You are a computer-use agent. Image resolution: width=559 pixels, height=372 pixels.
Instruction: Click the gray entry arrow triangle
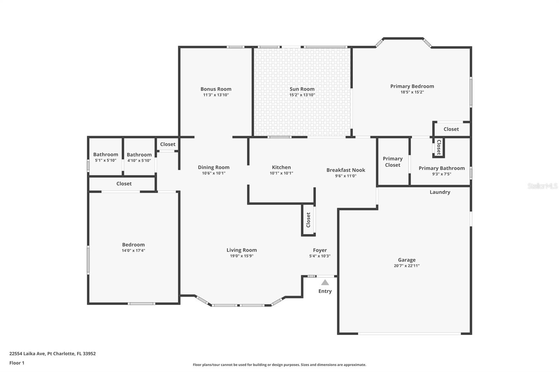point(325,283)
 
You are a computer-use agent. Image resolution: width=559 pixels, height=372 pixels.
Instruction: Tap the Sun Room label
point(302,89)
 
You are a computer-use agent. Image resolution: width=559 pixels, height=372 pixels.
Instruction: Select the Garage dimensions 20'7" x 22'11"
point(407,266)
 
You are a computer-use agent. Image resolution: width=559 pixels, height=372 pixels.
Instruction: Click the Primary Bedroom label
point(412,86)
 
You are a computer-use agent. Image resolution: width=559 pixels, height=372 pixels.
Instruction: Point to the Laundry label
point(440,192)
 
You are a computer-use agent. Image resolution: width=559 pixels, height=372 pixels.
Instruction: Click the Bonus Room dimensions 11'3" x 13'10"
point(216,95)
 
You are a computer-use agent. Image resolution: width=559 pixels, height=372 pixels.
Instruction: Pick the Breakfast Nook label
point(346,170)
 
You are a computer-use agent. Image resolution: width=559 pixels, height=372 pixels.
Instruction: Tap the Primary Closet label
point(392,162)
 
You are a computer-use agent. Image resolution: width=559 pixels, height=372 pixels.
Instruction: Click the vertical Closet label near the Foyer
point(308,220)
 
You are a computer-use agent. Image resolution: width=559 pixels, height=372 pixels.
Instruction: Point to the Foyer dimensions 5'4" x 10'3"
point(320,256)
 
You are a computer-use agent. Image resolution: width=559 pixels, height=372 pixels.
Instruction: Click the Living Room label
point(241,250)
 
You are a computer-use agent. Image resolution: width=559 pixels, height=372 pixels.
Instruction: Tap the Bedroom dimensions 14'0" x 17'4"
point(133,251)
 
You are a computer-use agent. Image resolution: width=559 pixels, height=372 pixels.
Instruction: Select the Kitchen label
point(281,167)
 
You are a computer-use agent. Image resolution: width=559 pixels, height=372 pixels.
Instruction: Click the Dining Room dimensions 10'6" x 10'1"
point(213,173)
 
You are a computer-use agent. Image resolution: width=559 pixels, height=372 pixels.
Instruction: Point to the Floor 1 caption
point(17,363)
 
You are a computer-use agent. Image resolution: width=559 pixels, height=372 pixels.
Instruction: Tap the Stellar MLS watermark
point(542,186)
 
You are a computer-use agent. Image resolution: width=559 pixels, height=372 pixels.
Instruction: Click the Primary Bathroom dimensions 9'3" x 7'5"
point(442,174)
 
